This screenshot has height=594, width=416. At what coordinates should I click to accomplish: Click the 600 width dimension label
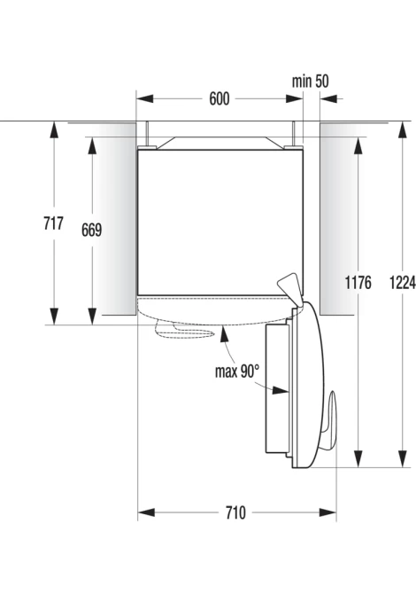click(220, 99)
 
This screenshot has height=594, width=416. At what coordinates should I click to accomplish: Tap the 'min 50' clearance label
click(310, 81)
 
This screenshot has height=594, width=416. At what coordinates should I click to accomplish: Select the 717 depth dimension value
click(53, 223)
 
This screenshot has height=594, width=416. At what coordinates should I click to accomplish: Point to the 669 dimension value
click(91, 230)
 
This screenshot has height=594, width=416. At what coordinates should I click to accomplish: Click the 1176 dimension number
click(358, 282)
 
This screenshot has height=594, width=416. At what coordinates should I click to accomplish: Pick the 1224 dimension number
click(403, 282)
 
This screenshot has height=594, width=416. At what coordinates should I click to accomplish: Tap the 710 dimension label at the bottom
click(235, 513)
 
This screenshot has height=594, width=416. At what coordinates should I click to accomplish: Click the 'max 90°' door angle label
click(237, 371)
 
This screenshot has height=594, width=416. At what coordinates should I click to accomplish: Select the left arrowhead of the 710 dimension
click(146, 513)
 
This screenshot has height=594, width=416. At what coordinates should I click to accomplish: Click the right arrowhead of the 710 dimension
click(327, 513)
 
